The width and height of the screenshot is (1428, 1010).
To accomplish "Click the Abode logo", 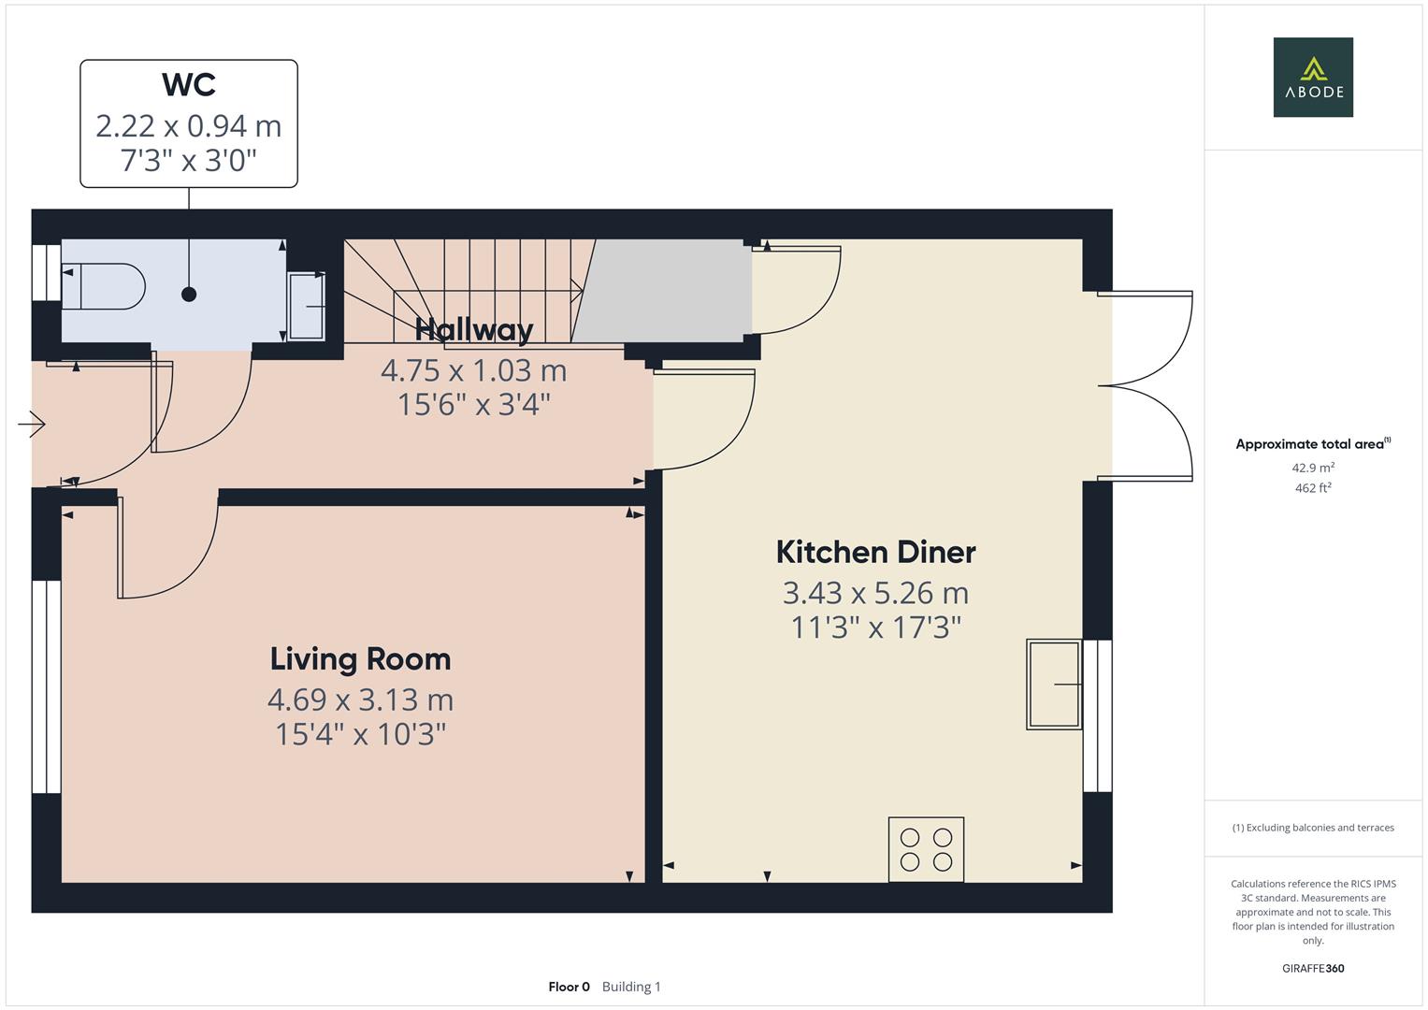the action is coord(1313,77).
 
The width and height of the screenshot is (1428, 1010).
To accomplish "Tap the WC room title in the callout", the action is coord(189,85).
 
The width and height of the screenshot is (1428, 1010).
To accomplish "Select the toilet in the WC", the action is coord(103,287).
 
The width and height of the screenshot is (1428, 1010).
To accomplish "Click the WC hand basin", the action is coord(307,306).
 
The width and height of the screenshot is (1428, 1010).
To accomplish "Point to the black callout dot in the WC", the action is coord(189,295).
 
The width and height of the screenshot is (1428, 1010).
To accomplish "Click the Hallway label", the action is coord(474,330).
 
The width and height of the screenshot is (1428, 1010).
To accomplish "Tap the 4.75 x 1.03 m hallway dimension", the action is coord(474,370).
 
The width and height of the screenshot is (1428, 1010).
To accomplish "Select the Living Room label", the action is coord(360,659).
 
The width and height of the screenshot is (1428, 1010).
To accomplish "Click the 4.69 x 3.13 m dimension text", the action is coord(360,700).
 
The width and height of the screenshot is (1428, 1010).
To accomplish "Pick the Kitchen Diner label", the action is coord(875,552).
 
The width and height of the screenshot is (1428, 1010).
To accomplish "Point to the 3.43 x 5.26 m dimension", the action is coord(875,594).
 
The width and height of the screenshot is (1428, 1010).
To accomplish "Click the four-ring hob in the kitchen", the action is coord(927,849).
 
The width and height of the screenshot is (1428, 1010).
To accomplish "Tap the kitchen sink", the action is coord(1054,685).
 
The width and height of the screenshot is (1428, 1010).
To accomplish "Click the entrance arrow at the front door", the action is coord(31,424).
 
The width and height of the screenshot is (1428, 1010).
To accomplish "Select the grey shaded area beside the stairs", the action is coord(662,291).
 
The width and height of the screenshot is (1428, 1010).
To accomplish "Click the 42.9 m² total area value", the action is coord(1313,468).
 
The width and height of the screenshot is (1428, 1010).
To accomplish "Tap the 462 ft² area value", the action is coord(1313,488).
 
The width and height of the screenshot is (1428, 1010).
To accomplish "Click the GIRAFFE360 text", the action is coord(1313,968).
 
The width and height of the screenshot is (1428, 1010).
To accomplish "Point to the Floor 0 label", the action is coord(569,987).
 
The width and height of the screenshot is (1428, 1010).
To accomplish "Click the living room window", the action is coord(47,686).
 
